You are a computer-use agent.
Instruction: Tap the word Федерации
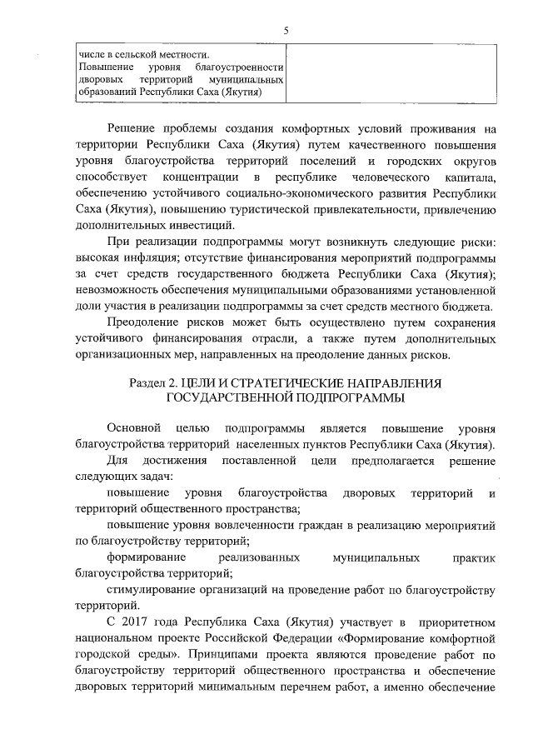pyautogui.click(x=312, y=639)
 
